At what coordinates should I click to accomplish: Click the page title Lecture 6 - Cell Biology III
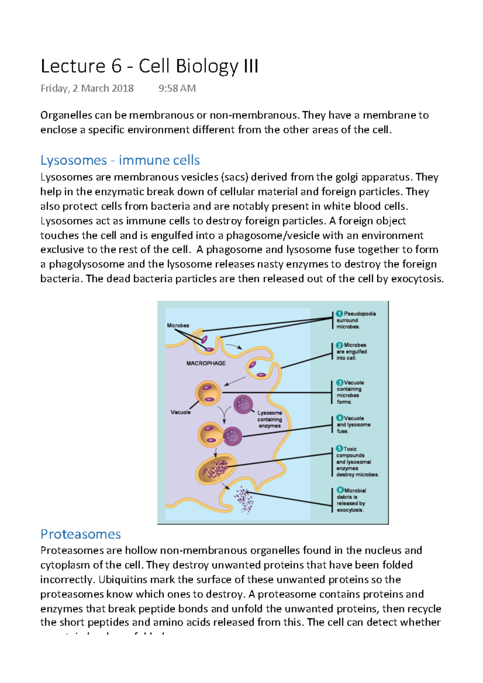pyautogui.click(x=149, y=66)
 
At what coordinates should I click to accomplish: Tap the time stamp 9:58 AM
pyautogui.click(x=177, y=88)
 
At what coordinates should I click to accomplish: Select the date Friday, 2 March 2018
pyautogui.click(x=87, y=88)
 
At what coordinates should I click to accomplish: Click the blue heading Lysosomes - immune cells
pyautogui.click(x=120, y=160)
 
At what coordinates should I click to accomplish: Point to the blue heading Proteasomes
pyautogui.click(x=80, y=534)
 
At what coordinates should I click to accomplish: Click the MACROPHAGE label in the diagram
pyautogui.click(x=206, y=363)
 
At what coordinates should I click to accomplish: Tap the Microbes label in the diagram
pyautogui.click(x=178, y=325)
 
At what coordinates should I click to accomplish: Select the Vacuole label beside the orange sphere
pyautogui.click(x=180, y=412)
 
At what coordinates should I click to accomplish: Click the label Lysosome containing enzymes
pyautogui.click(x=270, y=419)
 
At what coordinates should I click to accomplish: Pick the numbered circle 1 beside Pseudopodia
pyautogui.click(x=339, y=314)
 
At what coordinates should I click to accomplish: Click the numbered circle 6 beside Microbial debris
pyautogui.click(x=340, y=490)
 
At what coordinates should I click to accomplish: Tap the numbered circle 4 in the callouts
pyautogui.click(x=340, y=418)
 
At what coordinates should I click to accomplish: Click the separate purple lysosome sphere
pyautogui.click(x=243, y=404)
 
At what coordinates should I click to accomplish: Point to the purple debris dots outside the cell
pyautogui.click(x=244, y=500)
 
